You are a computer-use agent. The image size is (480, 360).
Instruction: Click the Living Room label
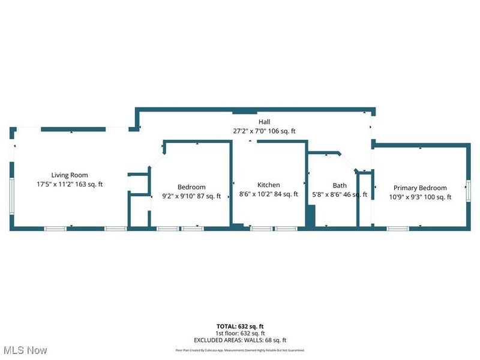pos(70,175)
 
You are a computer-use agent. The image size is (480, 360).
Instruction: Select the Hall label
pos(264,121)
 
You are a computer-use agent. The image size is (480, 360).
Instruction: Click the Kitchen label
pos(269,185)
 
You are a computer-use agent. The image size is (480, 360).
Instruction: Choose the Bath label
pos(340,185)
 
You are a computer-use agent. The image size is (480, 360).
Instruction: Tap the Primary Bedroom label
pos(420,188)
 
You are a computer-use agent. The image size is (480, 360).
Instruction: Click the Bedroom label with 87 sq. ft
pos(191,187)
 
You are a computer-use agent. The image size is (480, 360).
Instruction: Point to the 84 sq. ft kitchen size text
pos(285,194)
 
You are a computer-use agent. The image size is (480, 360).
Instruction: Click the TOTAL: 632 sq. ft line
pos(240,326)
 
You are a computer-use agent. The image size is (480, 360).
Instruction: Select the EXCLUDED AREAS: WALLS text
pos(240,340)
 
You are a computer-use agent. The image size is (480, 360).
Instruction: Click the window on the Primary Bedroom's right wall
pos(469,190)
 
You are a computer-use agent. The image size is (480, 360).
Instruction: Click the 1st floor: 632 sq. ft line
pos(240,333)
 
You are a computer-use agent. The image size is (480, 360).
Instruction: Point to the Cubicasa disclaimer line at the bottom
pos(240,350)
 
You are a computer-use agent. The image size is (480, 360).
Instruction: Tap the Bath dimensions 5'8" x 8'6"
pos(327,194)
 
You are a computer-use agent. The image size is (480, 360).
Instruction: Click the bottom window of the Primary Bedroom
pos(397,228)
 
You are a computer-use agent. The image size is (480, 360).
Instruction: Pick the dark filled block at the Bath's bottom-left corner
pos(310,216)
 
